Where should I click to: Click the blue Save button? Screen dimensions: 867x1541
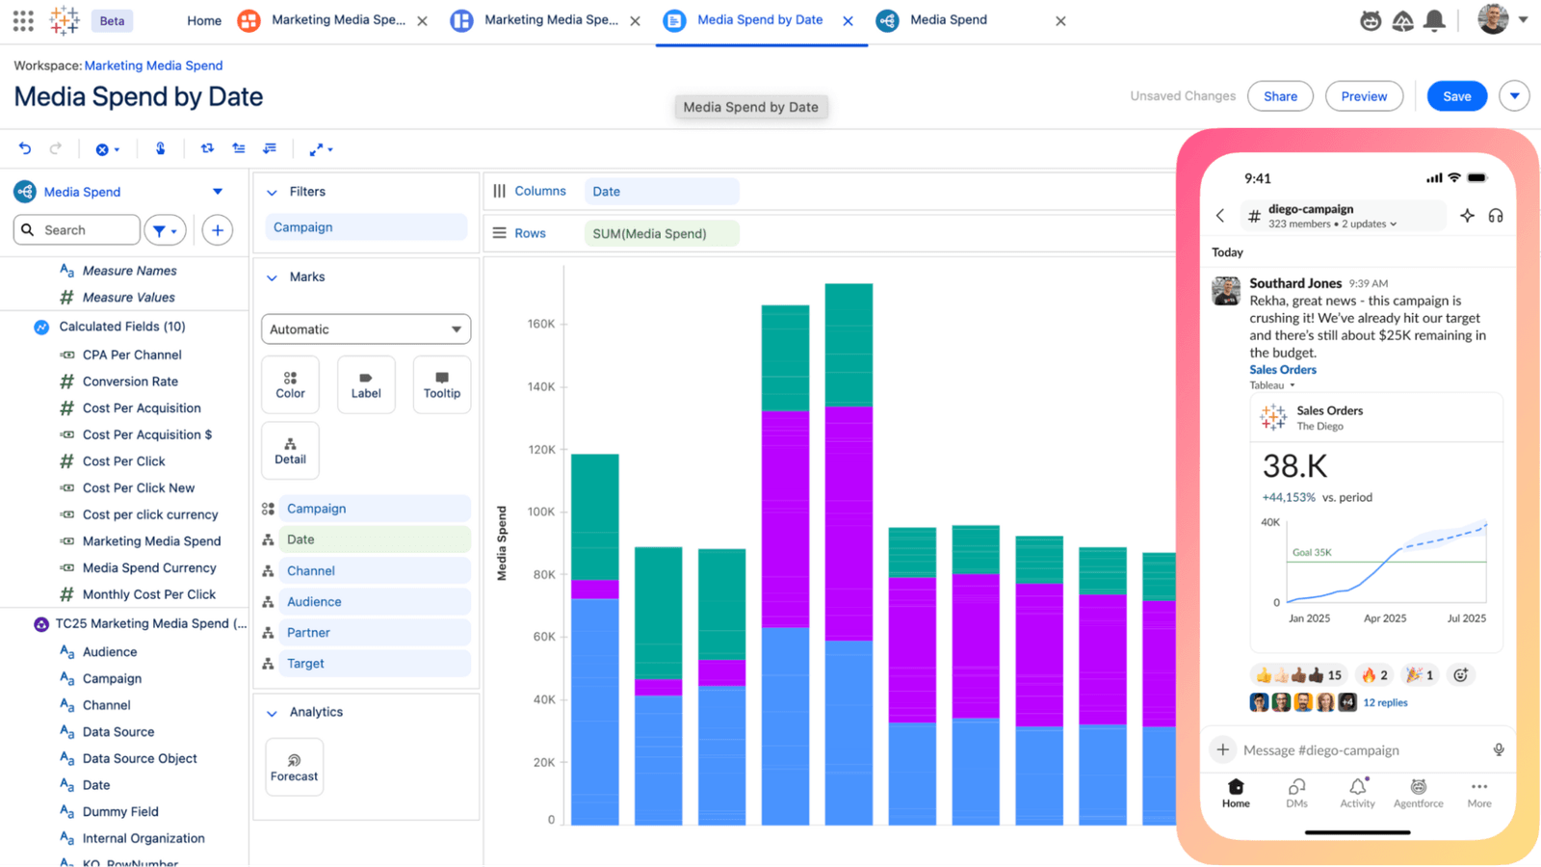pyautogui.click(x=1456, y=96)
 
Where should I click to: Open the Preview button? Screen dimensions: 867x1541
pyautogui.click(x=1364, y=96)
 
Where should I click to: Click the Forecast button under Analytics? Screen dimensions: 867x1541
pyautogui.click(x=294, y=767)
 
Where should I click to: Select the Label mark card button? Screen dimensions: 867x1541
pyautogui.click(x=366, y=384)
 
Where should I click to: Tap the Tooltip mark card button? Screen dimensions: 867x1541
pyautogui.click(x=442, y=384)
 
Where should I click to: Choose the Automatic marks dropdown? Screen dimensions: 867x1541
pyautogui.click(x=366, y=329)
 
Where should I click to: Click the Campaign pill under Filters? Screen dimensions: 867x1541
pyautogui.click(x=365, y=227)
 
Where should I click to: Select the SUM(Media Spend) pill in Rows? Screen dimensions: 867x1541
pyautogui.click(x=661, y=234)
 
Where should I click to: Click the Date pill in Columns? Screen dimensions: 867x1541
pyautogui.click(x=661, y=192)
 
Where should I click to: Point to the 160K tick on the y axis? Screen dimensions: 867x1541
pyautogui.click(x=541, y=324)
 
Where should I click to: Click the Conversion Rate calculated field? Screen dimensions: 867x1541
pyautogui.click(x=130, y=381)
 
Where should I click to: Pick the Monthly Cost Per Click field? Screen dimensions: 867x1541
pyautogui.click(x=148, y=594)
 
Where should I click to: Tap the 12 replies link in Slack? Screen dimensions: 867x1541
pyautogui.click(x=1385, y=702)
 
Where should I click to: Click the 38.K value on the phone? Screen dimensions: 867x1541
pyautogui.click(x=1295, y=466)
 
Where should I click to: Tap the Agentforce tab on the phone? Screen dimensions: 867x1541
pyautogui.click(x=1418, y=793)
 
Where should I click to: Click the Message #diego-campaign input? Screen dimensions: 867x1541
pyautogui.click(x=1348, y=749)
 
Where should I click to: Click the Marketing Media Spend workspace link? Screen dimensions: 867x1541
pyautogui.click(x=153, y=66)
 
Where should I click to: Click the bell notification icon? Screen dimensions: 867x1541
pyautogui.click(x=1434, y=20)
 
